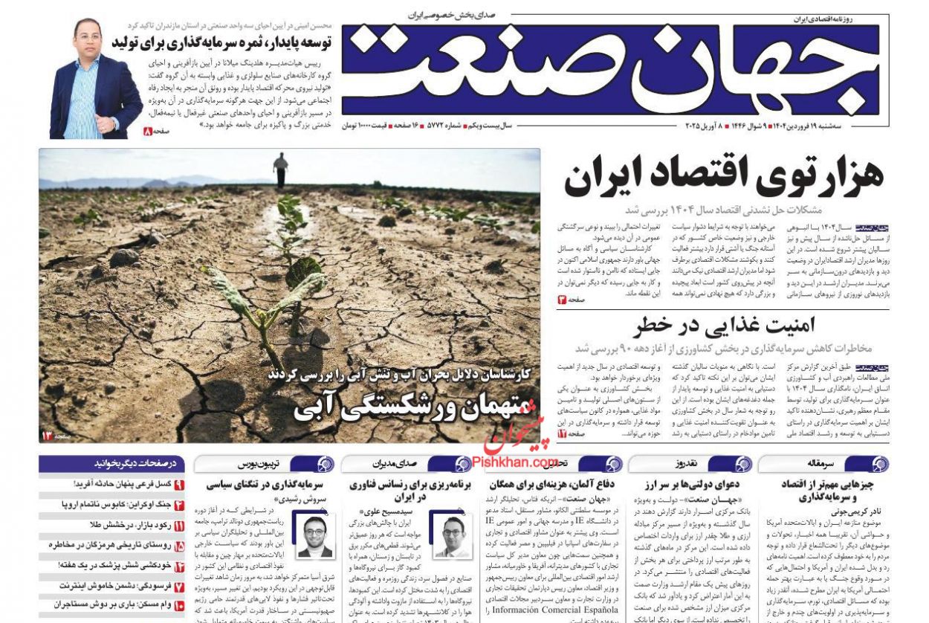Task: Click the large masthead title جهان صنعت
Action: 609,71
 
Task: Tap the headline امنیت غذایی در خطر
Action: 725,326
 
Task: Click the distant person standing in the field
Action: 280,170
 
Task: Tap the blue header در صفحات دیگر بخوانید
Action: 111,464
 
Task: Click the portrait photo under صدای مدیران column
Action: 454,536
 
